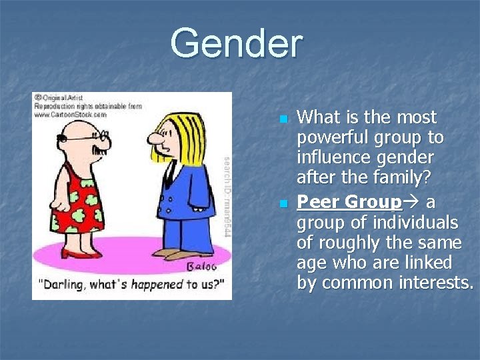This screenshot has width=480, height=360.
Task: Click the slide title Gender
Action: (236, 43)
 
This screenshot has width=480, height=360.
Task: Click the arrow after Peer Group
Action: (412, 201)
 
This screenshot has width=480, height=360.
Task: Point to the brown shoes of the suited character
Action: (177, 254)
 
